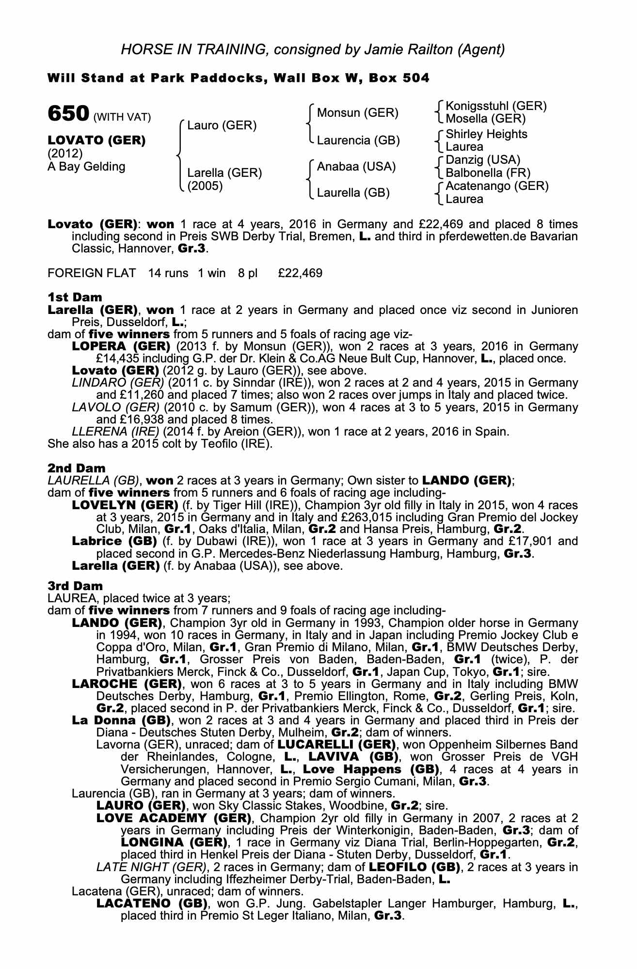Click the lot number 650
pos(68,114)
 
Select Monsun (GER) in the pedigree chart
pos(357,113)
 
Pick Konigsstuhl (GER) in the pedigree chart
pos(496,106)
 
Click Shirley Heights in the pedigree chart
pos(486,134)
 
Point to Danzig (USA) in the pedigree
pos(483,160)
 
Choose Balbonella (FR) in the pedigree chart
pos(488,172)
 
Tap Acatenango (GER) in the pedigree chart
pos(497,186)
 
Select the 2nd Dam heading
pos(76,468)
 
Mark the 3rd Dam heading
pos(76,586)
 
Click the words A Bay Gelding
pos(86,167)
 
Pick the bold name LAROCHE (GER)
pos(127,684)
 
